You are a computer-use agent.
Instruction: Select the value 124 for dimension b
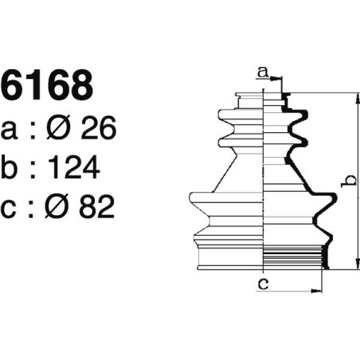point(73,167)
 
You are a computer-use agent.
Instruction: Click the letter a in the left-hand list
point(12,130)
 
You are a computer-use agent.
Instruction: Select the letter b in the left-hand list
point(12,167)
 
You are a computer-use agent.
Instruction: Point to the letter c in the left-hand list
point(12,207)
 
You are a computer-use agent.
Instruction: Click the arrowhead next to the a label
point(278,78)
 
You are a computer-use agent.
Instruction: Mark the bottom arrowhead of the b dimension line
point(355,266)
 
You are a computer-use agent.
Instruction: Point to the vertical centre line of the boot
point(263,183)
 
